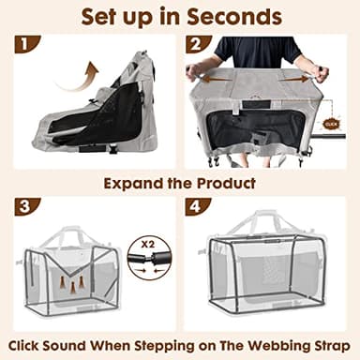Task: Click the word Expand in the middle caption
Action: point(131,183)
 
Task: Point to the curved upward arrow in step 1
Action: point(79,74)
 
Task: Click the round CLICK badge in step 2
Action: point(330,123)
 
